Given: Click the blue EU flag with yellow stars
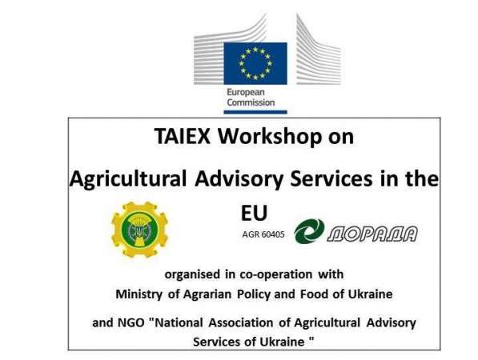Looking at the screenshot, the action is pyautogui.click(x=255, y=63).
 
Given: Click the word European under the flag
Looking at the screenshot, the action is pyautogui.click(x=245, y=92).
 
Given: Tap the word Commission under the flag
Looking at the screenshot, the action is pyautogui.click(x=251, y=102).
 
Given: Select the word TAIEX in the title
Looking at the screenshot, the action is pyautogui.click(x=183, y=136).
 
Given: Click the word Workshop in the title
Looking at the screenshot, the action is pyautogui.click(x=270, y=137).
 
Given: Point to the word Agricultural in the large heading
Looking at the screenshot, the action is pyautogui.click(x=128, y=179).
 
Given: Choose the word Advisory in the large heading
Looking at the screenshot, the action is pyautogui.click(x=239, y=179).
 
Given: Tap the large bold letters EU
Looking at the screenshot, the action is pyautogui.click(x=254, y=213).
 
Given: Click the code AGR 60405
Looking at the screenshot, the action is pyautogui.click(x=263, y=234).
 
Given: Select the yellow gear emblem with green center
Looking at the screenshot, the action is pyautogui.click(x=139, y=230).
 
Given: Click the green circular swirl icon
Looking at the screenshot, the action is pyautogui.click(x=309, y=231).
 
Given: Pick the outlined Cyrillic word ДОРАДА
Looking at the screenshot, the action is pyautogui.click(x=372, y=234).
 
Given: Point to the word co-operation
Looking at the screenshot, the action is pyautogui.click(x=276, y=274).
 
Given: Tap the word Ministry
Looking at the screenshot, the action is pyautogui.click(x=139, y=294).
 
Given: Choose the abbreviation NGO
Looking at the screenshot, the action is pyautogui.click(x=131, y=322).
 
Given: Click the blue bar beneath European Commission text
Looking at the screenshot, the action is pyautogui.click(x=255, y=112).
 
